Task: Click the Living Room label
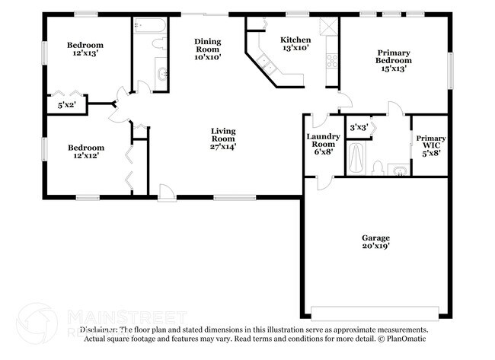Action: pos(223,139)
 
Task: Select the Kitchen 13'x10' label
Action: pos(295,44)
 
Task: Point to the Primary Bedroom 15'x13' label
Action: pos(394,60)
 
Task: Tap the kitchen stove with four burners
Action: pos(332,61)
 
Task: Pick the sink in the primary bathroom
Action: pos(397,169)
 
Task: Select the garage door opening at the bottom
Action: pos(375,313)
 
